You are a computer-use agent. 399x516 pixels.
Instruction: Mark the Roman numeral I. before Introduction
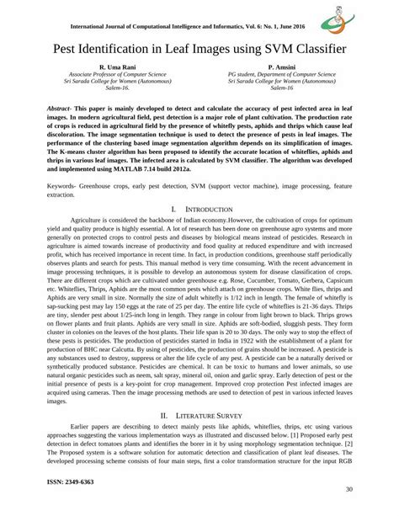pos(172,208)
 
